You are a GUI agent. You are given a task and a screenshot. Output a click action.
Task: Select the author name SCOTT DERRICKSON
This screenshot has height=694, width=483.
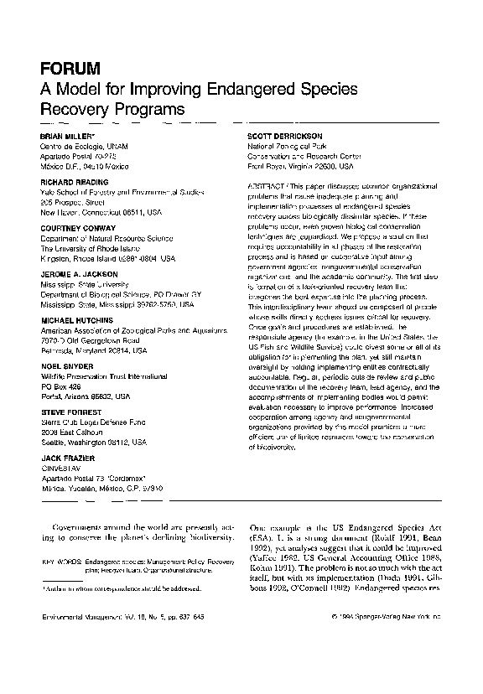[x=282, y=135]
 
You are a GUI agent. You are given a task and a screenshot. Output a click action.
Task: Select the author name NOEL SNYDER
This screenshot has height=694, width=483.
[x=64, y=365]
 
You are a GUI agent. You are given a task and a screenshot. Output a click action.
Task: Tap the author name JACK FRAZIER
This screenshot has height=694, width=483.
[x=65, y=458]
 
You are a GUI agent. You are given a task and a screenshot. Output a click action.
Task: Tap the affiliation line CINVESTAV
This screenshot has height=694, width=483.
[x=61, y=468]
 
